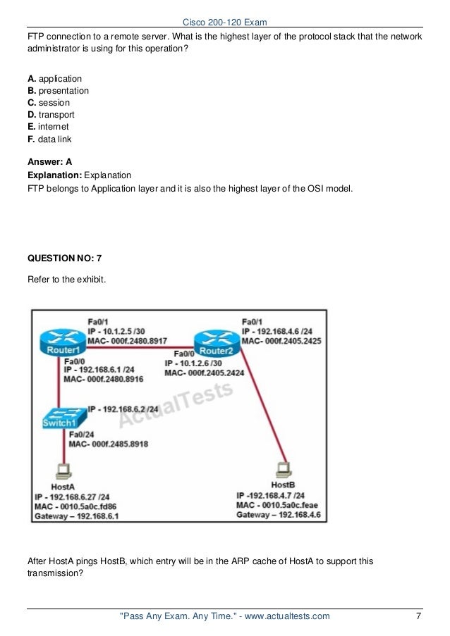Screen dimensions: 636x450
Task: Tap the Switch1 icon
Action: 59,419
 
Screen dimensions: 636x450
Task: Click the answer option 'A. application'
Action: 54,79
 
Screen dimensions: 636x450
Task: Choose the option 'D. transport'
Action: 51,115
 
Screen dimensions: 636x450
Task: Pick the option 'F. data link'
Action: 50,139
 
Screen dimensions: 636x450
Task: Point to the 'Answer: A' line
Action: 49,161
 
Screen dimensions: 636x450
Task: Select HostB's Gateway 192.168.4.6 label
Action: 279,515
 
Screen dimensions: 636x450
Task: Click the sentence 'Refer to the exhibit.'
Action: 66,280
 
